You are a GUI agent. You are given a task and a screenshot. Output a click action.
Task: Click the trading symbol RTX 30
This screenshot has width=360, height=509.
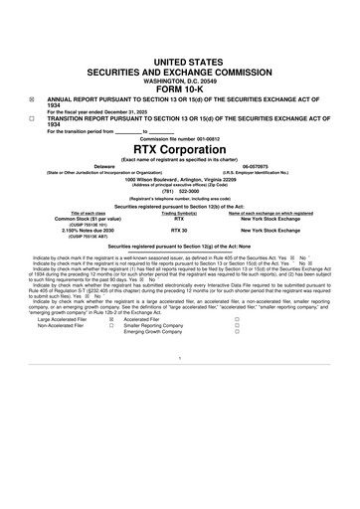click(x=180, y=229)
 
